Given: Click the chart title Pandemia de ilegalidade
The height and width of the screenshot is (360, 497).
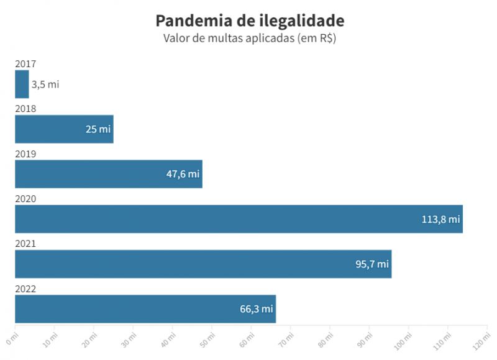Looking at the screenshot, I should point(250,21).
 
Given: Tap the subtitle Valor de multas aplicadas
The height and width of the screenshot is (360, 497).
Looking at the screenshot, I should point(250,39).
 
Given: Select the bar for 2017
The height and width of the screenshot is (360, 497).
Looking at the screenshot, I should point(22,84).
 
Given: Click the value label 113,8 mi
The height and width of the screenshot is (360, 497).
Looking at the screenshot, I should point(440,219).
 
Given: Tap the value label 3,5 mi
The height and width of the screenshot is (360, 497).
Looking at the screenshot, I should point(45,85).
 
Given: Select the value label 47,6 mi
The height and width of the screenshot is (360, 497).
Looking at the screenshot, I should point(183,175).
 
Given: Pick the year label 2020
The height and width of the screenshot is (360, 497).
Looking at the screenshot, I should point(26,199).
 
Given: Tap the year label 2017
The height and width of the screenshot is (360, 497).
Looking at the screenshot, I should point(26,64).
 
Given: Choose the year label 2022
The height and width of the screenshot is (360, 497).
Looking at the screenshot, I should point(26,289).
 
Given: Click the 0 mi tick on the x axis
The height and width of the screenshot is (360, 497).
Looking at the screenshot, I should point(12,338).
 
